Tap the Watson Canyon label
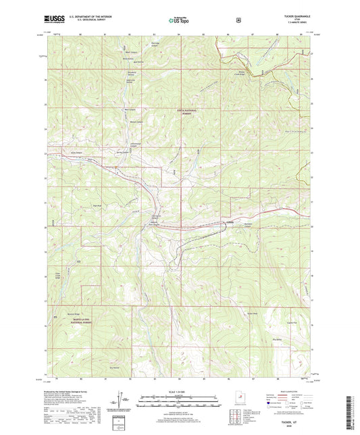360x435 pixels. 136,122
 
